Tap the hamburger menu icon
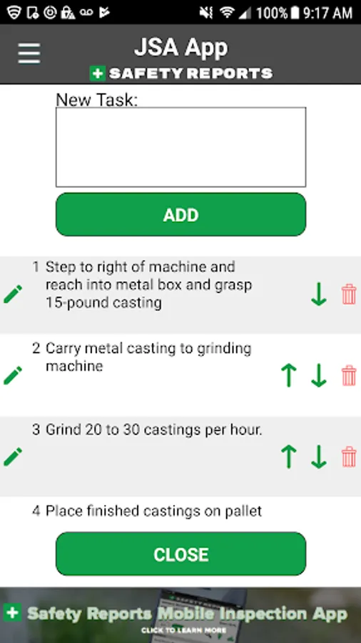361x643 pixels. pyautogui.click(x=29, y=54)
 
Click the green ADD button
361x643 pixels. pyautogui.click(x=181, y=214)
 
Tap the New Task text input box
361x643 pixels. pyautogui.click(x=181, y=147)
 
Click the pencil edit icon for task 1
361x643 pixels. pyautogui.click(x=13, y=294)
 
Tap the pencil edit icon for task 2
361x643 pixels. pyautogui.click(x=13, y=376)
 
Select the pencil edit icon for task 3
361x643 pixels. pyautogui.click(x=13, y=457)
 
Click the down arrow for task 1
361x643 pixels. pyautogui.click(x=319, y=294)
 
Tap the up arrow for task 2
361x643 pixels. pyautogui.click(x=288, y=375)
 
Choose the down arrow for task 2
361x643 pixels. pyautogui.click(x=319, y=375)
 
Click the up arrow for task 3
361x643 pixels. pyautogui.click(x=288, y=457)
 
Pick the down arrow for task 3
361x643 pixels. pyautogui.click(x=319, y=457)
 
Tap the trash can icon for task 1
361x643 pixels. pyautogui.click(x=349, y=294)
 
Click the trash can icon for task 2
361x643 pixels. pyautogui.click(x=349, y=375)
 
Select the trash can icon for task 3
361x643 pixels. pyautogui.click(x=349, y=457)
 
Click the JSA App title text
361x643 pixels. pyautogui.click(x=181, y=48)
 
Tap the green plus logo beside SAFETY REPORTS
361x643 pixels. pyautogui.click(x=98, y=74)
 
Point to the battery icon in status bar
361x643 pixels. pyautogui.click(x=294, y=13)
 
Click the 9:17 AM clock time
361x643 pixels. pyautogui.click(x=327, y=13)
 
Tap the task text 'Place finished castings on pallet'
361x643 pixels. pyautogui.click(x=153, y=511)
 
